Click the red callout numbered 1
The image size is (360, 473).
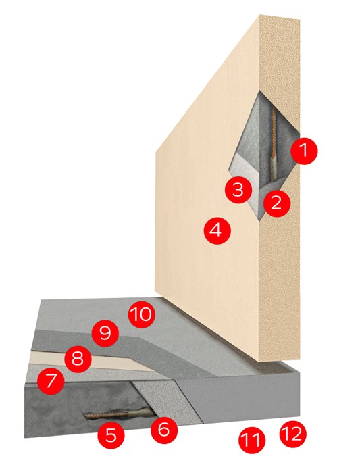[x=304, y=151]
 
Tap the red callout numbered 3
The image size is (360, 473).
[x=238, y=190]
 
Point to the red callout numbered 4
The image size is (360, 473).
[x=217, y=231]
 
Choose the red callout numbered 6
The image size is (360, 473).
[x=164, y=430]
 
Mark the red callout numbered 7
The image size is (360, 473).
[x=51, y=380]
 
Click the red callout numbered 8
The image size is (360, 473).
[x=78, y=360]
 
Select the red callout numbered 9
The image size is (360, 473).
[x=105, y=334]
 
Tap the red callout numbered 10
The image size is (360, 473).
[x=142, y=316]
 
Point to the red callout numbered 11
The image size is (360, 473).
[x=252, y=440]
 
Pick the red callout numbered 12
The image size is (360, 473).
[x=292, y=434]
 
